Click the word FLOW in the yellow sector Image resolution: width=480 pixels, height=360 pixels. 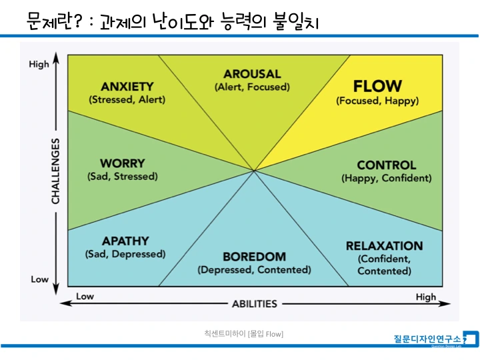tap(377, 86)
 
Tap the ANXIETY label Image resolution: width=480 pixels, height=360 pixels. tap(127, 87)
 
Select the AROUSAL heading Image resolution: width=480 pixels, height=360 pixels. tap(252, 74)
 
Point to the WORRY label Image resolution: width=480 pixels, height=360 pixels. tap(122, 163)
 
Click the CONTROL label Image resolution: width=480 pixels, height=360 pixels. tap(386, 165)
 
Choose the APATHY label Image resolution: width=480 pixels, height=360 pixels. tap(125, 241)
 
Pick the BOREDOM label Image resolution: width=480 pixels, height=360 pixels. tap(254, 257)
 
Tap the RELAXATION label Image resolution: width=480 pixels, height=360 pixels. tap(384, 246)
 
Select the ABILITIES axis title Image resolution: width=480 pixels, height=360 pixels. tap(254, 304)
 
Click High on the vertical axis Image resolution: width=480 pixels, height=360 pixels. tap(39, 65)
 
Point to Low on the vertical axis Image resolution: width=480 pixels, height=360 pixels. tap(39, 279)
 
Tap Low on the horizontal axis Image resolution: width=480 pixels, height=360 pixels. tap(85, 297)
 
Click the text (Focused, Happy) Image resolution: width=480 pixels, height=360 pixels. tap(377, 101)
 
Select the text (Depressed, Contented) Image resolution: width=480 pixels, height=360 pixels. tap(254, 270)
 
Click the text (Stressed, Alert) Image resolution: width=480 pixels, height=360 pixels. tap(127, 100)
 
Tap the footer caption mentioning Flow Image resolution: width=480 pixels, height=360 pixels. tap(243, 333)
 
